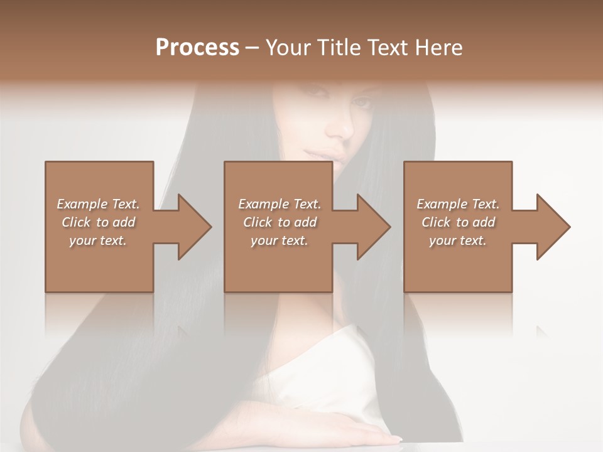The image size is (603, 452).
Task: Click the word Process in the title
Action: pos(197,47)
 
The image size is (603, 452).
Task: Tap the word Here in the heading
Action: pos(439,48)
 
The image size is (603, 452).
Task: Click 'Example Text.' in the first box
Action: pos(98,204)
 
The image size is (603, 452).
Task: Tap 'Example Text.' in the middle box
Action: pos(280,204)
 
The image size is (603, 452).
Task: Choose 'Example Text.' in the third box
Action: pos(458,204)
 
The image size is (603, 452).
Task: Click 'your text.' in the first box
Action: pos(98,240)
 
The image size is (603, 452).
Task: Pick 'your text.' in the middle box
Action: pos(280,240)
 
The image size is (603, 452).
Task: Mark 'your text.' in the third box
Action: pos(458,240)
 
